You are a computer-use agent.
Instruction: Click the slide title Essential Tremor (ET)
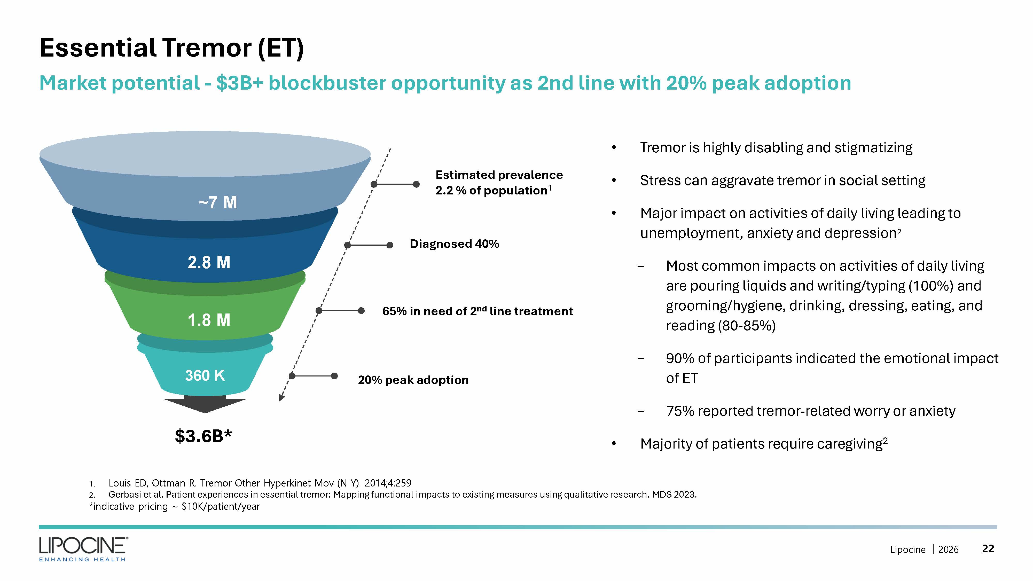point(172,48)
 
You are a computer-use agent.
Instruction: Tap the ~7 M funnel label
point(217,202)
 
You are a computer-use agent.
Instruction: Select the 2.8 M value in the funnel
point(209,263)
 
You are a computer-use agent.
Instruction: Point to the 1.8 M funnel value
point(209,320)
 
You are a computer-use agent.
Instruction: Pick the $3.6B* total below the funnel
point(203,436)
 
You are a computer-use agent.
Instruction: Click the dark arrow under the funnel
point(205,404)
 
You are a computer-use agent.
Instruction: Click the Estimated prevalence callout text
point(499,183)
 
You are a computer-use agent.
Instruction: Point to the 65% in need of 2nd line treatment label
point(477,311)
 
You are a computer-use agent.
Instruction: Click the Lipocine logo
point(83,549)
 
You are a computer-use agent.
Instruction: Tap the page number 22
point(988,548)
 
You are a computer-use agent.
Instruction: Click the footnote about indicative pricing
point(174,506)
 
